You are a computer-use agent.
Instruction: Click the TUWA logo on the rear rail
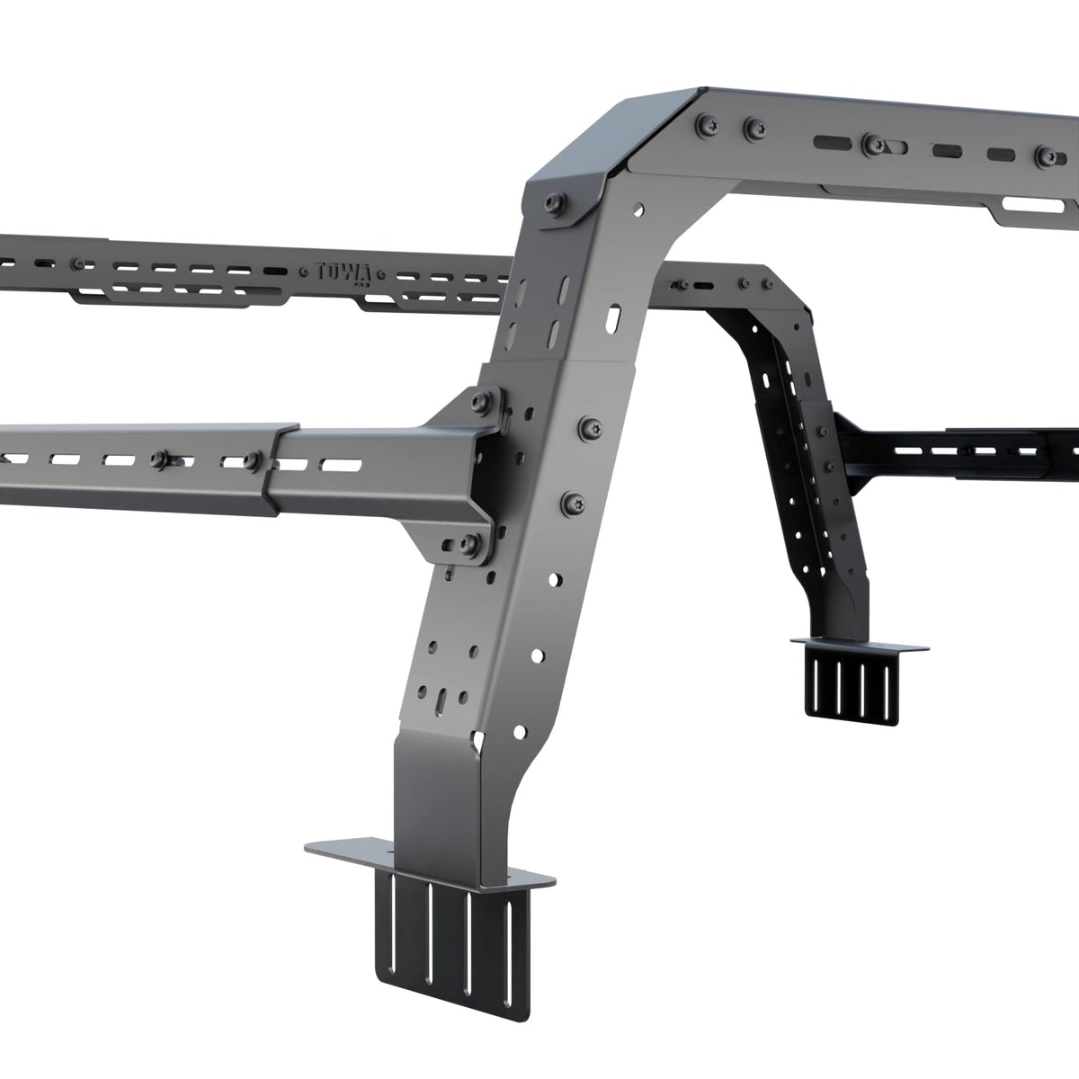click(x=338, y=269)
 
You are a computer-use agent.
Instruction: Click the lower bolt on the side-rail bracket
click(x=468, y=541)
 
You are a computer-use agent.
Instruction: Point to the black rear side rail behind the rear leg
click(x=971, y=450)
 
